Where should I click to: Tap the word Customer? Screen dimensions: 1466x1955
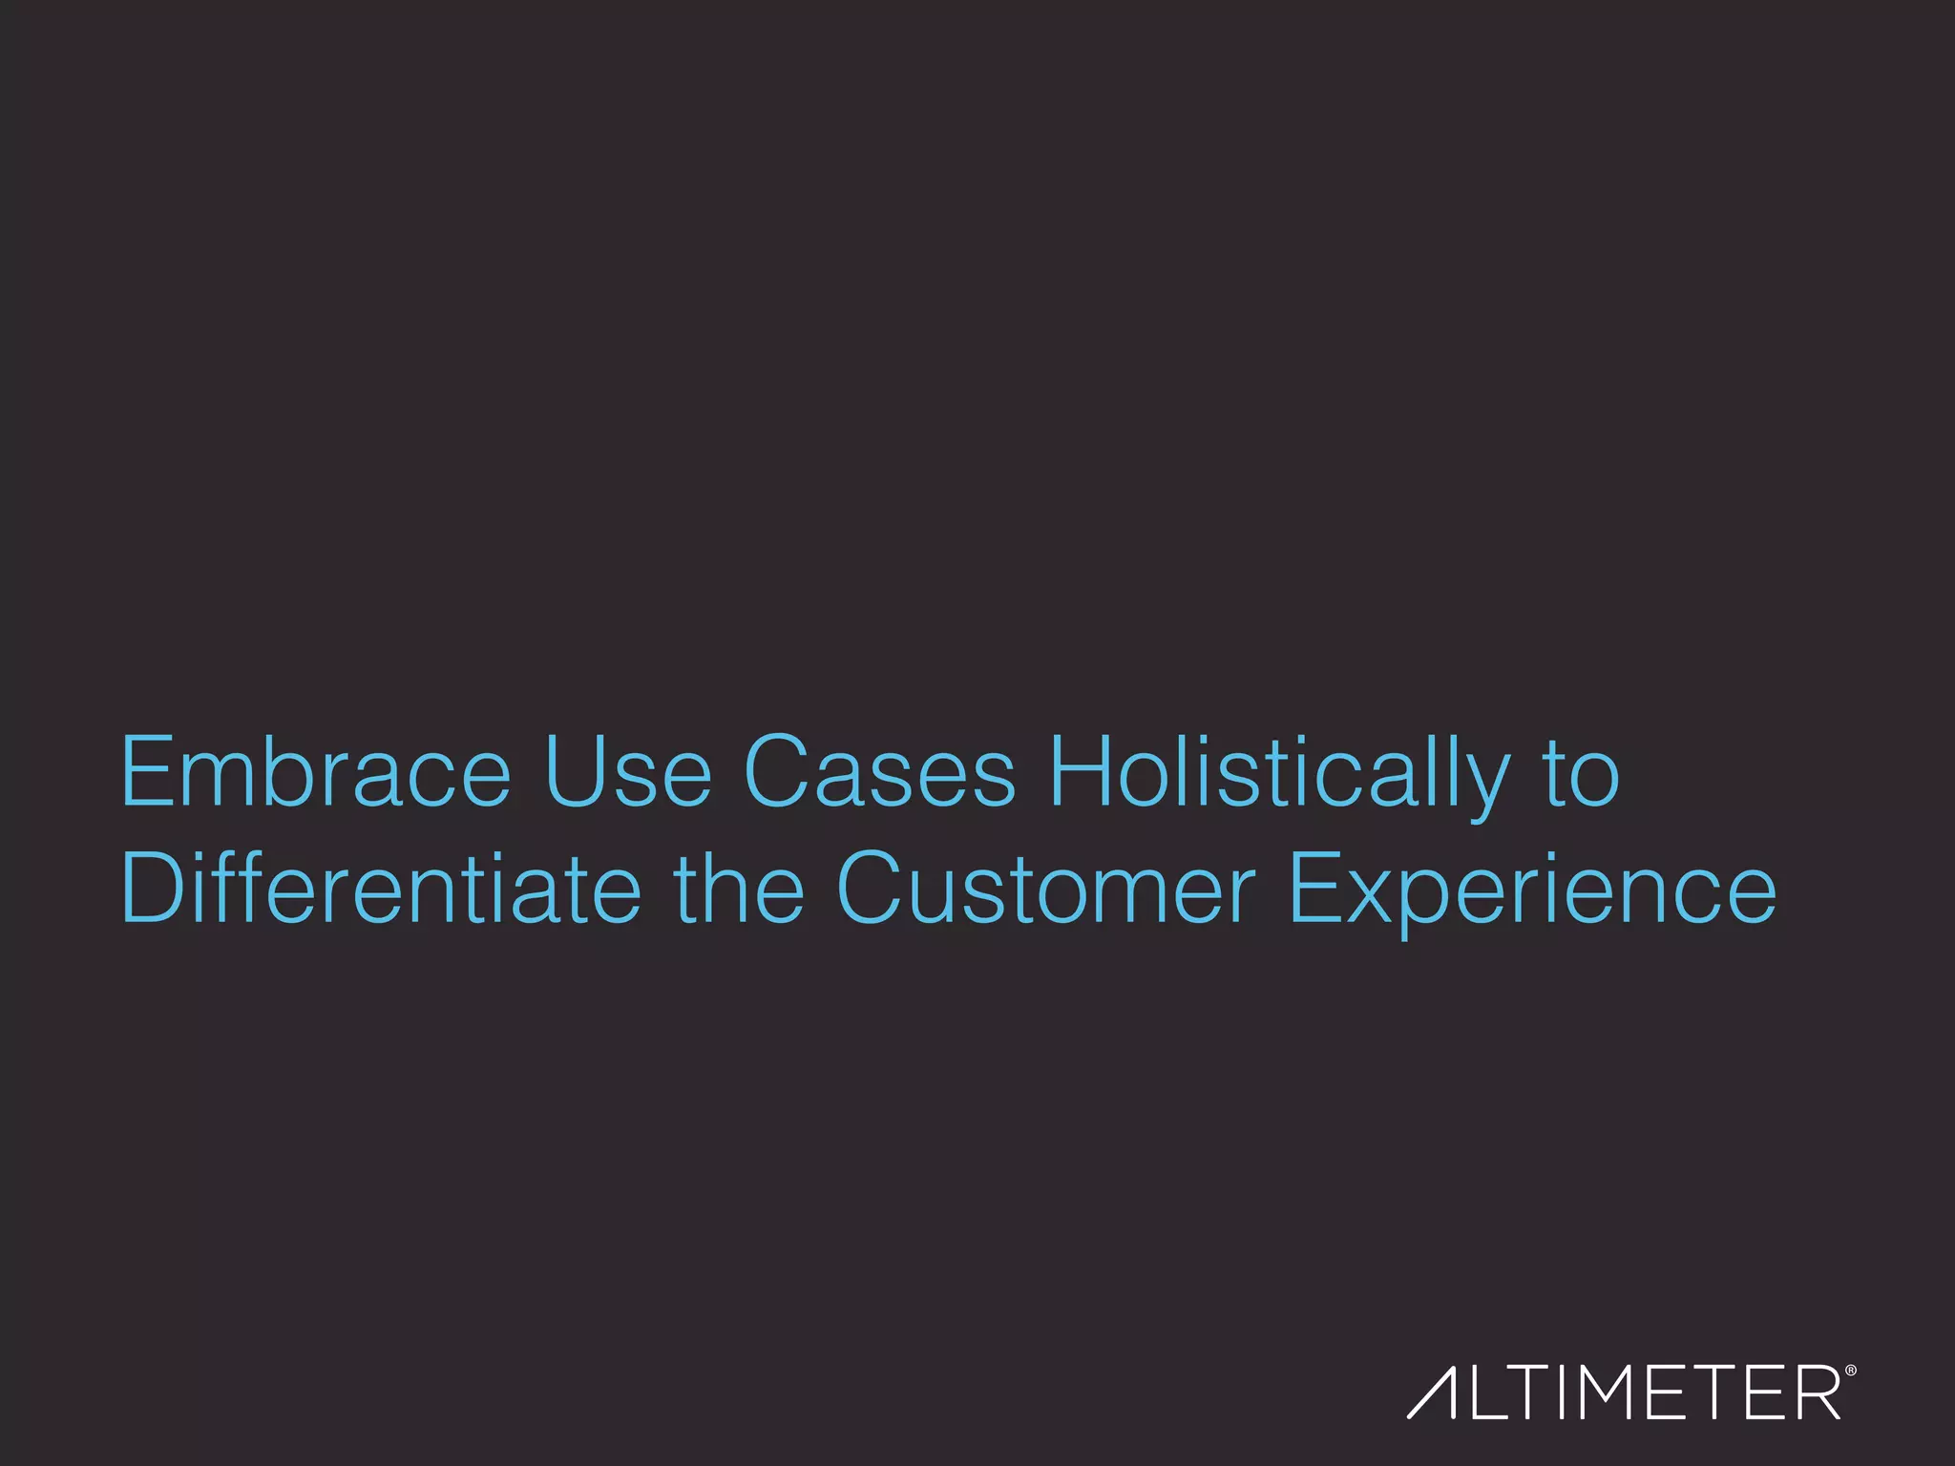[1045, 890]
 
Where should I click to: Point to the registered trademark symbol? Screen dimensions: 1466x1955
[1851, 1371]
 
